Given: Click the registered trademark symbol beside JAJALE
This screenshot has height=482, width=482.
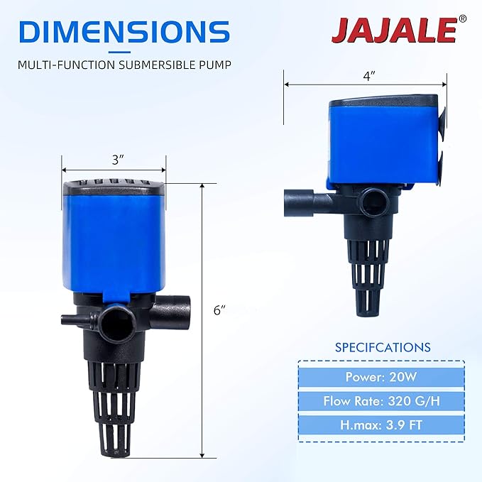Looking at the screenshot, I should (x=462, y=19).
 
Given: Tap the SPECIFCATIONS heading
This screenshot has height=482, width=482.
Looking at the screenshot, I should (x=383, y=348).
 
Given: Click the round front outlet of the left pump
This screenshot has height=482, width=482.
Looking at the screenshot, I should (x=114, y=323).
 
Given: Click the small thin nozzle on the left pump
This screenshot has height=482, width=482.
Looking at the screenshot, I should (x=71, y=319).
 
